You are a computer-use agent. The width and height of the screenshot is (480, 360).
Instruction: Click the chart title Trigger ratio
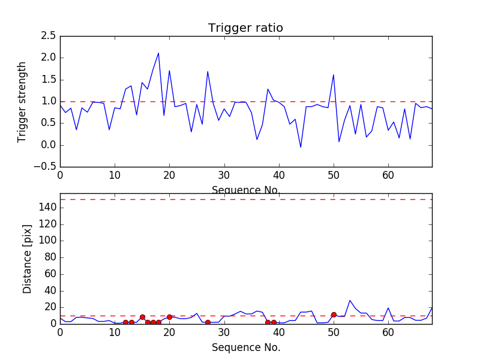pos(245,28)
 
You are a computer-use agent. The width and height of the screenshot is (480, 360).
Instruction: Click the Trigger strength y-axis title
pos(22,102)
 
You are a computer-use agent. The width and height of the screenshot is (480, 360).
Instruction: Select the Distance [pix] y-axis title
pos(27,259)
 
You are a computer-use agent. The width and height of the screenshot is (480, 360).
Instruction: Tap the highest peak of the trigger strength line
pos(158,53)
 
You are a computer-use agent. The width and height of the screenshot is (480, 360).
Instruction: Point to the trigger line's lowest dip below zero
pos(301,147)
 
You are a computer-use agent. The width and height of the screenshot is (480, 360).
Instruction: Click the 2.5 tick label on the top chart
pos(49,36)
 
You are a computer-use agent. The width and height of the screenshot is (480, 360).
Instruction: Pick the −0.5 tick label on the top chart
pos(45,167)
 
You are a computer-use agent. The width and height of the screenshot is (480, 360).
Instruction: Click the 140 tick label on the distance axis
pos(47,208)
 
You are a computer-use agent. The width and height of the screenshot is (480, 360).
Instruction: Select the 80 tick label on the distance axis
pos(50,257)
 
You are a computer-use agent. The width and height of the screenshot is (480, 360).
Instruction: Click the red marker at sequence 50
pos(334,314)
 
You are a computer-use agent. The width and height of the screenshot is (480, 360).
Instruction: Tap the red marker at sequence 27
pos(208,322)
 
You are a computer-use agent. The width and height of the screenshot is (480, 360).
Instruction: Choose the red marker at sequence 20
pos(169,317)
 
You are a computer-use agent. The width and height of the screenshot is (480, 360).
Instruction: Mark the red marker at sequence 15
pos(142,317)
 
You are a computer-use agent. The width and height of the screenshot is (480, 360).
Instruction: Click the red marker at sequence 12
pos(125,322)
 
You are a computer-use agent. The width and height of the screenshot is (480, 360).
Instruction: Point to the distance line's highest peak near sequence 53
pos(350,301)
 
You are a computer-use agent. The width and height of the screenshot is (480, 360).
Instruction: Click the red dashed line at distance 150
pos(246,199)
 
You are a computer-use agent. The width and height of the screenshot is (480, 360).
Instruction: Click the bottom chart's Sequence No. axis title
pos(246,347)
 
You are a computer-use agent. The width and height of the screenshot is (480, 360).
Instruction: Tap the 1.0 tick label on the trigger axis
pos(49,101)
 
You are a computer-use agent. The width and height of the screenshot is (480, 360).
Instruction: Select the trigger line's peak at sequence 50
pos(334,74)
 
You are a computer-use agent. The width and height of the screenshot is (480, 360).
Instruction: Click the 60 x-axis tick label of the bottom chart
pos(388,332)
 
